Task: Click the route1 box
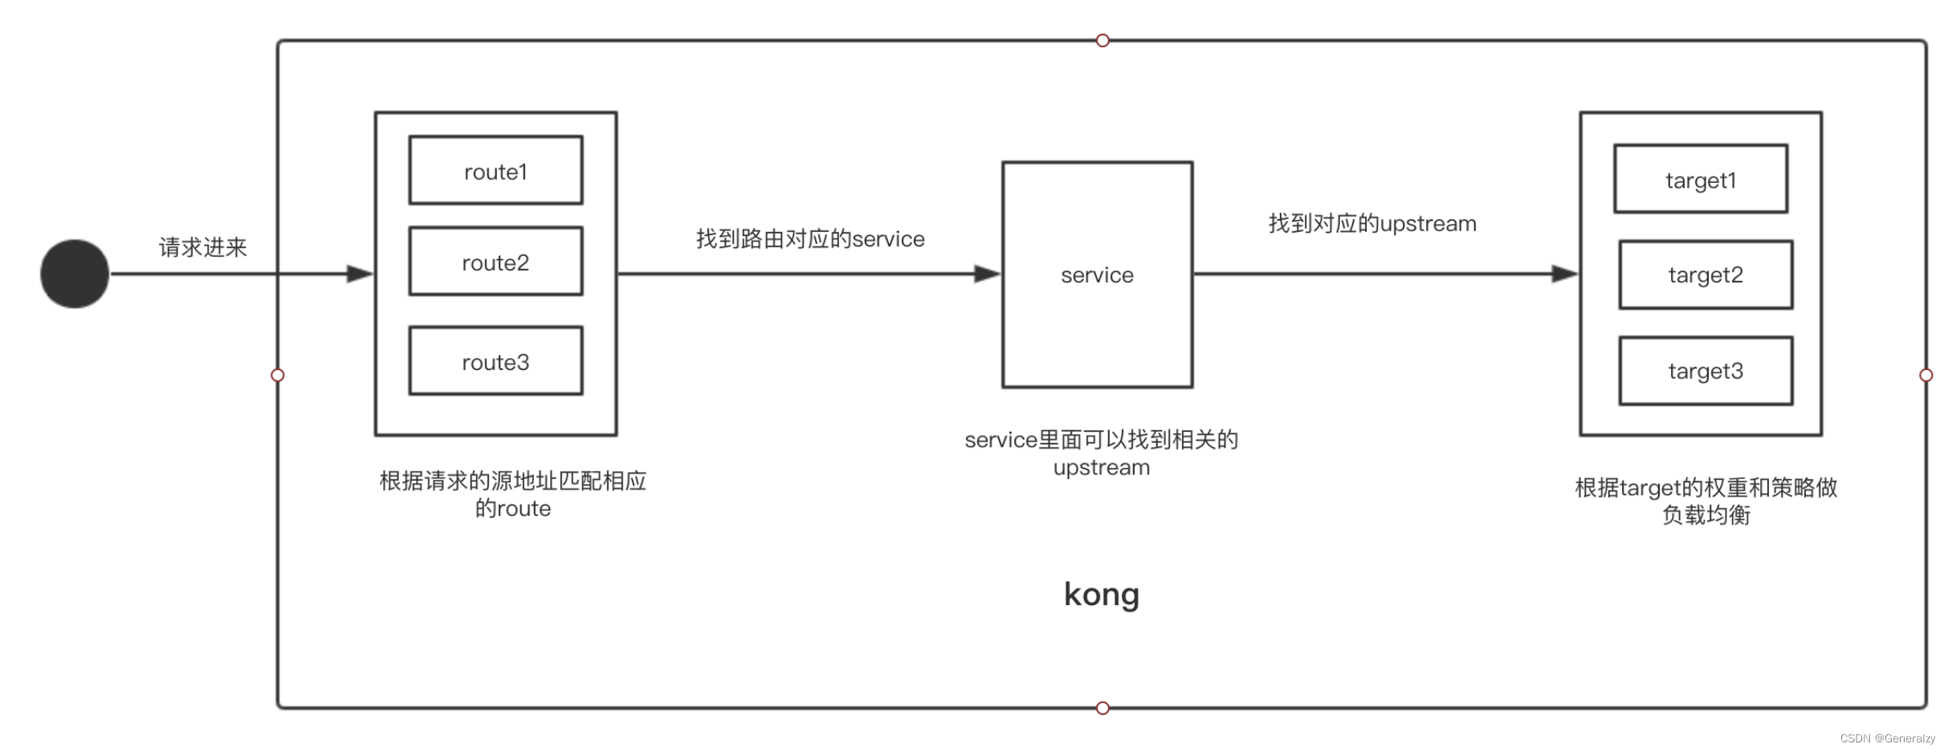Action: [495, 170]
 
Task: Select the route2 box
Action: [495, 262]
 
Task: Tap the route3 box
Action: [495, 361]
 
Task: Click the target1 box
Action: [1701, 179]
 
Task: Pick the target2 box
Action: [1706, 274]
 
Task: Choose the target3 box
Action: [1706, 371]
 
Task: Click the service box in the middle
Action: [1097, 274]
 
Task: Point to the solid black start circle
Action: [75, 274]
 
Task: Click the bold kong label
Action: [1101, 595]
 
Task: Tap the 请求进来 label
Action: [202, 247]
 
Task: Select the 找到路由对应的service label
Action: [810, 238]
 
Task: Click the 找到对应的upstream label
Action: [1372, 223]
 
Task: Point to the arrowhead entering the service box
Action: [987, 274]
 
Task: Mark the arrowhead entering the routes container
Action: [360, 274]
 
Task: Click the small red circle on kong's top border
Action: [1102, 41]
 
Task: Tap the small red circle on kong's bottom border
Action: [1102, 708]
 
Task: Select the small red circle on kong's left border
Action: [278, 375]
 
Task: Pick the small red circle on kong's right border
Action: [1926, 375]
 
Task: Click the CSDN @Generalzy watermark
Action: [1887, 738]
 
